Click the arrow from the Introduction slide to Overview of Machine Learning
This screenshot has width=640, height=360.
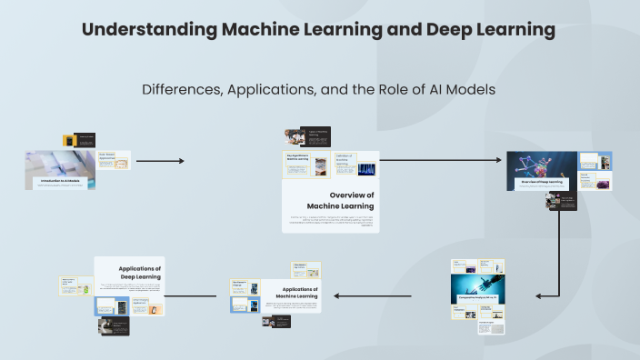click(x=160, y=161)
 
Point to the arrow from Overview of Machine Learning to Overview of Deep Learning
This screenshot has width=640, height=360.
click(x=440, y=161)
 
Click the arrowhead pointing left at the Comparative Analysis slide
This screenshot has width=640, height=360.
click(x=540, y=295)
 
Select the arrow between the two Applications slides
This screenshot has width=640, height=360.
click(x=275, y=295)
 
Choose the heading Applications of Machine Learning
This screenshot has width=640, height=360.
click(x=295, y=292)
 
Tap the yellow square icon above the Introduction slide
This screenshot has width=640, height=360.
click(x=68, y=141)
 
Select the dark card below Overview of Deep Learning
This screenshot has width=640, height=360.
click(x=565, y=200)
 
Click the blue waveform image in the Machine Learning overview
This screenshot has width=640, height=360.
click(x=366, y=168)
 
